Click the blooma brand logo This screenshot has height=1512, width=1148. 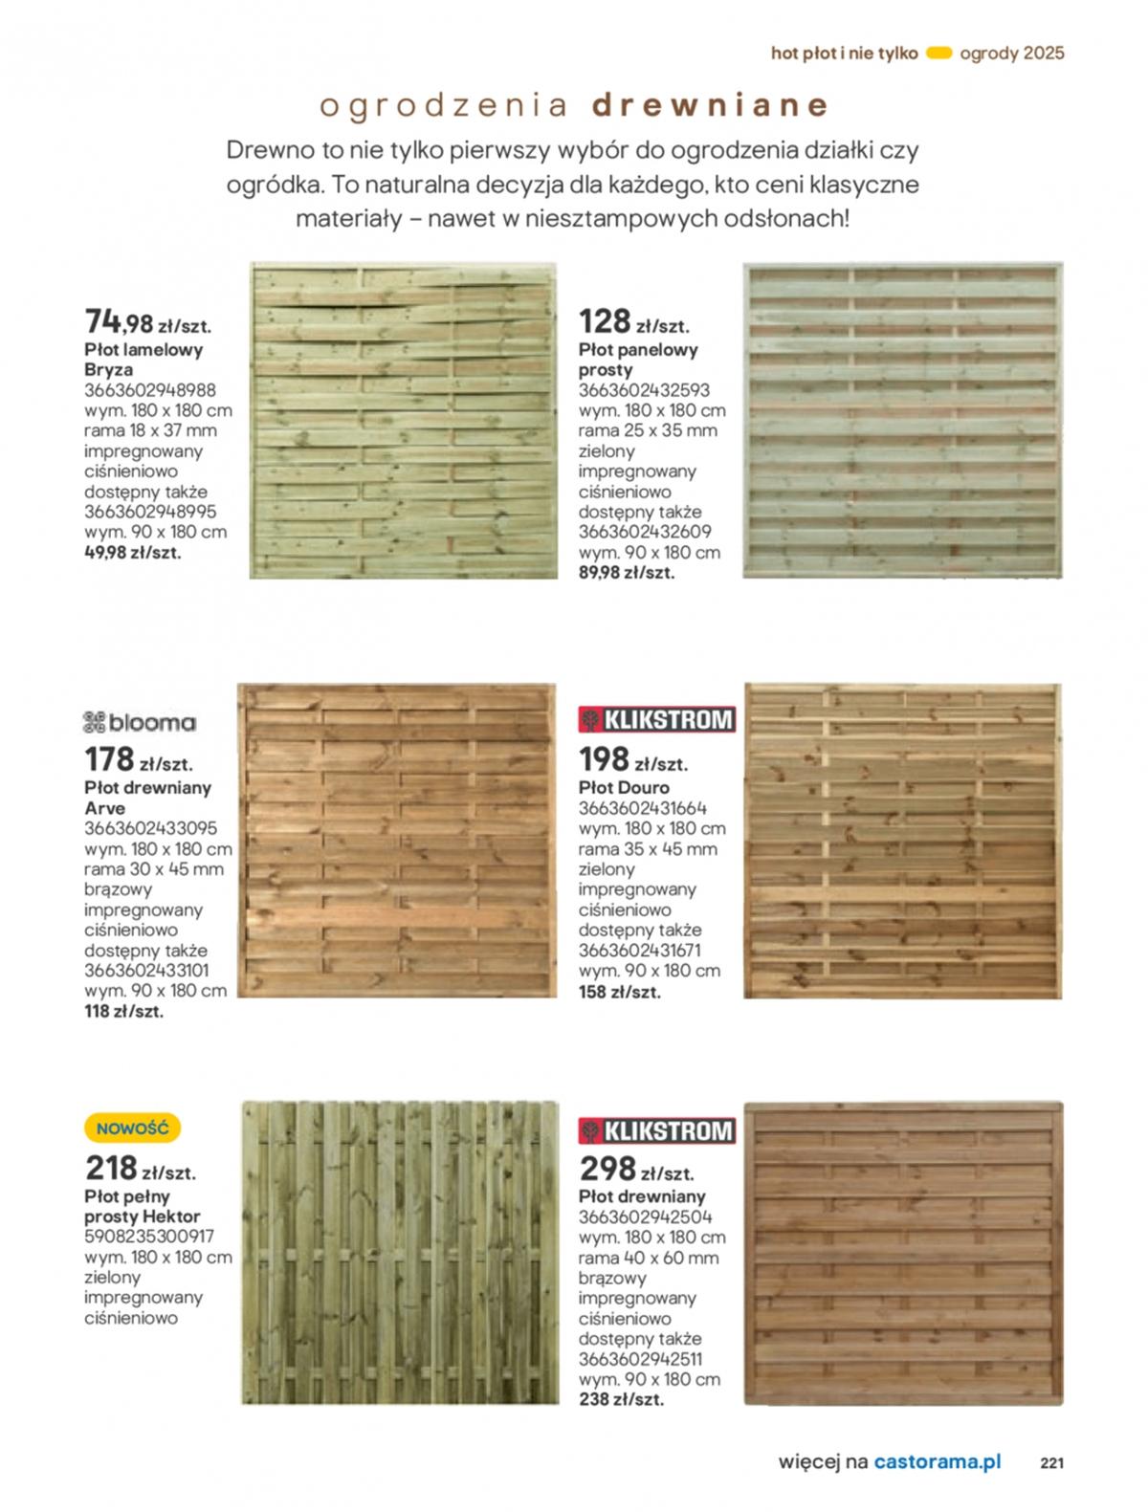tap(140, 723)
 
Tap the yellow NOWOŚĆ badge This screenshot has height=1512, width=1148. tap(132, 1129)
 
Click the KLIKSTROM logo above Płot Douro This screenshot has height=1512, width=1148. tap(656, 719)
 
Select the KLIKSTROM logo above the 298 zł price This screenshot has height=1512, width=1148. tap(656, 1131)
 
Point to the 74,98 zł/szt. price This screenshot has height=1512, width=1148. tap(147, 320)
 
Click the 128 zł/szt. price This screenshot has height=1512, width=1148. tap(633, 321)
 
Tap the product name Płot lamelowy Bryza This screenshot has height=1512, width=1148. tap(143, 360)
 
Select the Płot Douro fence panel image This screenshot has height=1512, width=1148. tap(902, 841)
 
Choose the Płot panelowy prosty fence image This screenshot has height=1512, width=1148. tap(902, 421)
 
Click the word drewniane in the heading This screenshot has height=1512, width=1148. tap(709, 105)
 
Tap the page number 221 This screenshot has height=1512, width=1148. tap(1051, 1462)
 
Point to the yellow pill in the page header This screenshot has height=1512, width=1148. tap(939, 54)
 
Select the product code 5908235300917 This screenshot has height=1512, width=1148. tap(149, 1237)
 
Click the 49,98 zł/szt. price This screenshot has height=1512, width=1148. tap(132, 553)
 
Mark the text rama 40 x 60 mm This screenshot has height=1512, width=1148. tap(648, 1259)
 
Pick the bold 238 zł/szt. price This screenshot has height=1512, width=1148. tap(621, 1400)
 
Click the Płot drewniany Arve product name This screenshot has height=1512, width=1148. tap(147, 798)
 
